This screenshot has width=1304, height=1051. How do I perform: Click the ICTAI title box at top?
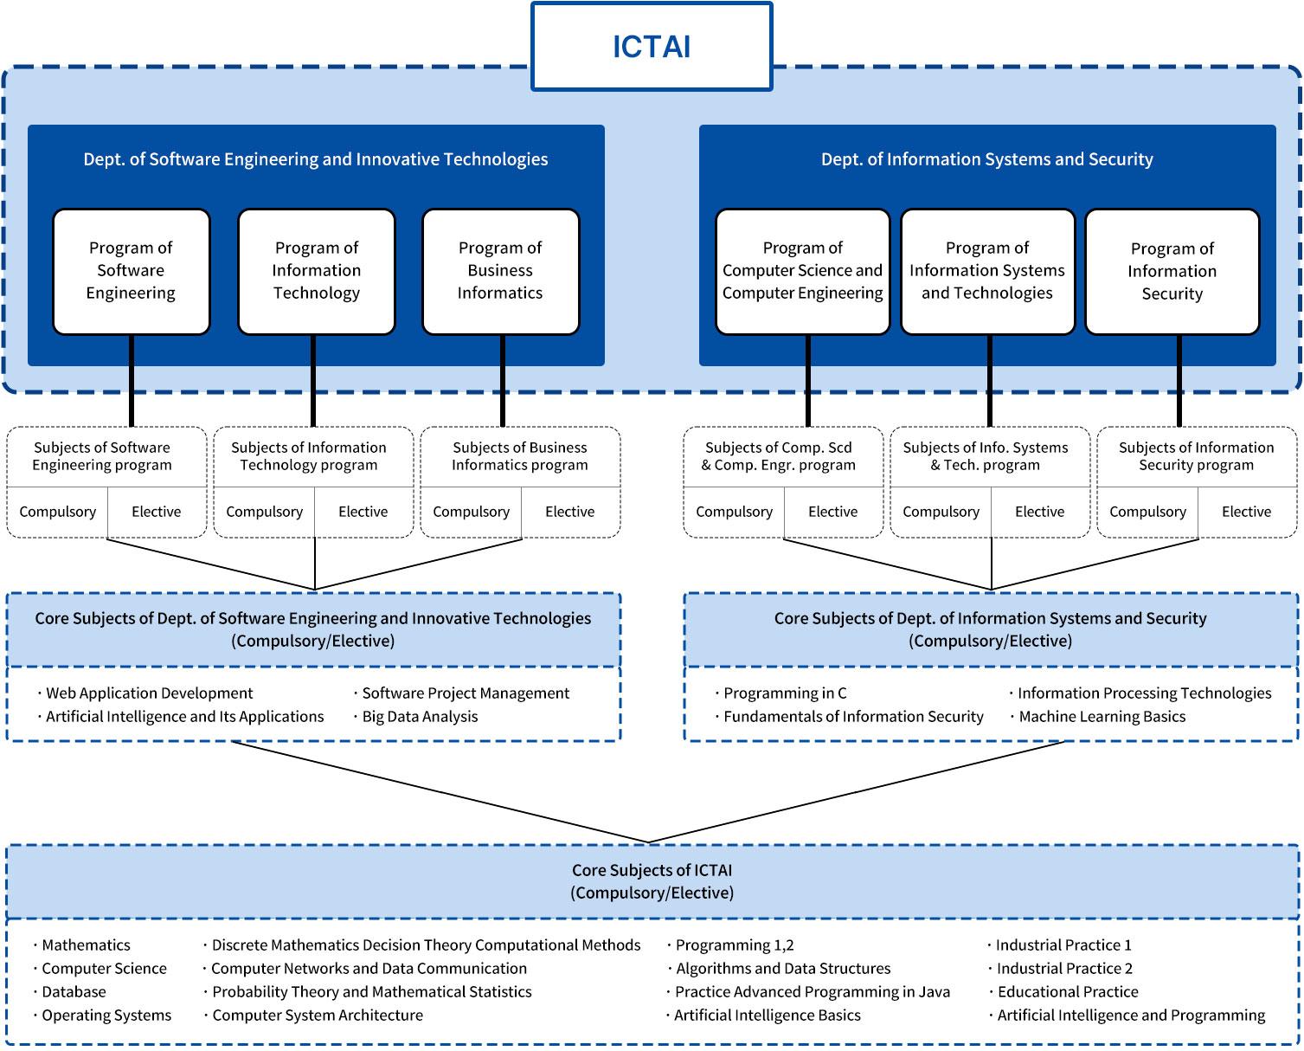[x=651, y=47]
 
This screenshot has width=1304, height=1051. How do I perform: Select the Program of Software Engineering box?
[x=132, y=271]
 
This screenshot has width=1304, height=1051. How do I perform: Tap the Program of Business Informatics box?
[x=500, y=271]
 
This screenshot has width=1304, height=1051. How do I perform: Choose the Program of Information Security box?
[x=1172, y=272]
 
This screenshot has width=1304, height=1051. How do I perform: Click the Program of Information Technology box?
[x=316, y=271]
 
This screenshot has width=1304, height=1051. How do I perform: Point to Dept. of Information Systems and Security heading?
[x=986, y=159]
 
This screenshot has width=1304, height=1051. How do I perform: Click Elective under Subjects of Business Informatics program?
[x=569, y=512]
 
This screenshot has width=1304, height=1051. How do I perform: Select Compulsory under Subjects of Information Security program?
[x=1147, y=512]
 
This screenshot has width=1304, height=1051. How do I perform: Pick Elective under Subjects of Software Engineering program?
[x=156, y=512]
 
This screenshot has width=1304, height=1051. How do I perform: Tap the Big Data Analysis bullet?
[x=420, y=717]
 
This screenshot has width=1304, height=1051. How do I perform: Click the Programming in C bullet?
[x=784, y=693]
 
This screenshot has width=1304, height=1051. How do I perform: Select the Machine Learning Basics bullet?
[x=1102, y=717]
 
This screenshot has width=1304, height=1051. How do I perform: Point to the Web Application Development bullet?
[x=149, y=693]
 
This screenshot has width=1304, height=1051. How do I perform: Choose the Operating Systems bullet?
[x=106, y=1016]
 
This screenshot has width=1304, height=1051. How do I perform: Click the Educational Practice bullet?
[x=1068, y=992]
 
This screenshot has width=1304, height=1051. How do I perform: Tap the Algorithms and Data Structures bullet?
[x=782, y=969]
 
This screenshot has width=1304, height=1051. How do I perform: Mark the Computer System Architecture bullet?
[x=318, y=1016]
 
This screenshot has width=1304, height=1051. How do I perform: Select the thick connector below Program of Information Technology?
[x=313, y=381]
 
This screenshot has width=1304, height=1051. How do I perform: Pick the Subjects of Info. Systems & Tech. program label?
[x=986, y=456]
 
